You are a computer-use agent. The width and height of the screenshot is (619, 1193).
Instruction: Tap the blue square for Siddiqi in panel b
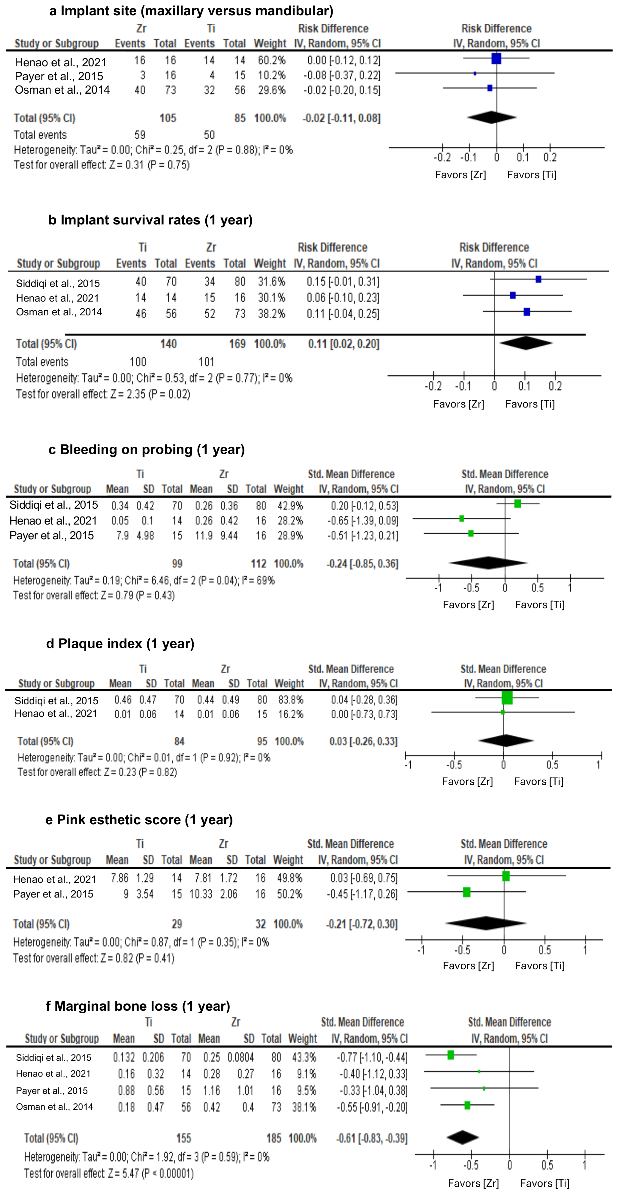tap(538, 279)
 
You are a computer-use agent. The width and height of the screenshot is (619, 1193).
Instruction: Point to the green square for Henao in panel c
tap(462, 519)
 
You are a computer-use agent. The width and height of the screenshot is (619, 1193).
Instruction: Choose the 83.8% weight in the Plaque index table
tap(290, 700)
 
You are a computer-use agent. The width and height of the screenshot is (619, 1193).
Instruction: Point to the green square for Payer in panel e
tap(467, 892)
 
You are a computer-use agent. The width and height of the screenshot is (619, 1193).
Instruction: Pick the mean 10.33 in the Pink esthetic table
tap(200, 894)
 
